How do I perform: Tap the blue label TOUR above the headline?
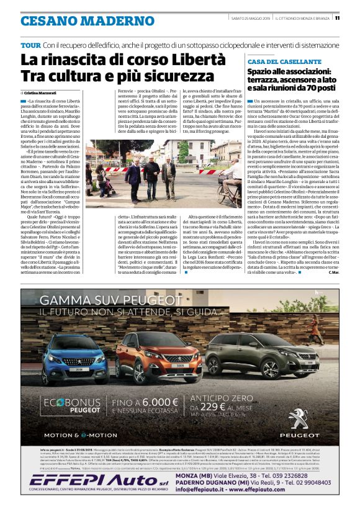click(x=30, y=46)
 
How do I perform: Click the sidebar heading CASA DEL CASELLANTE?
click(x=284, y=62)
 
